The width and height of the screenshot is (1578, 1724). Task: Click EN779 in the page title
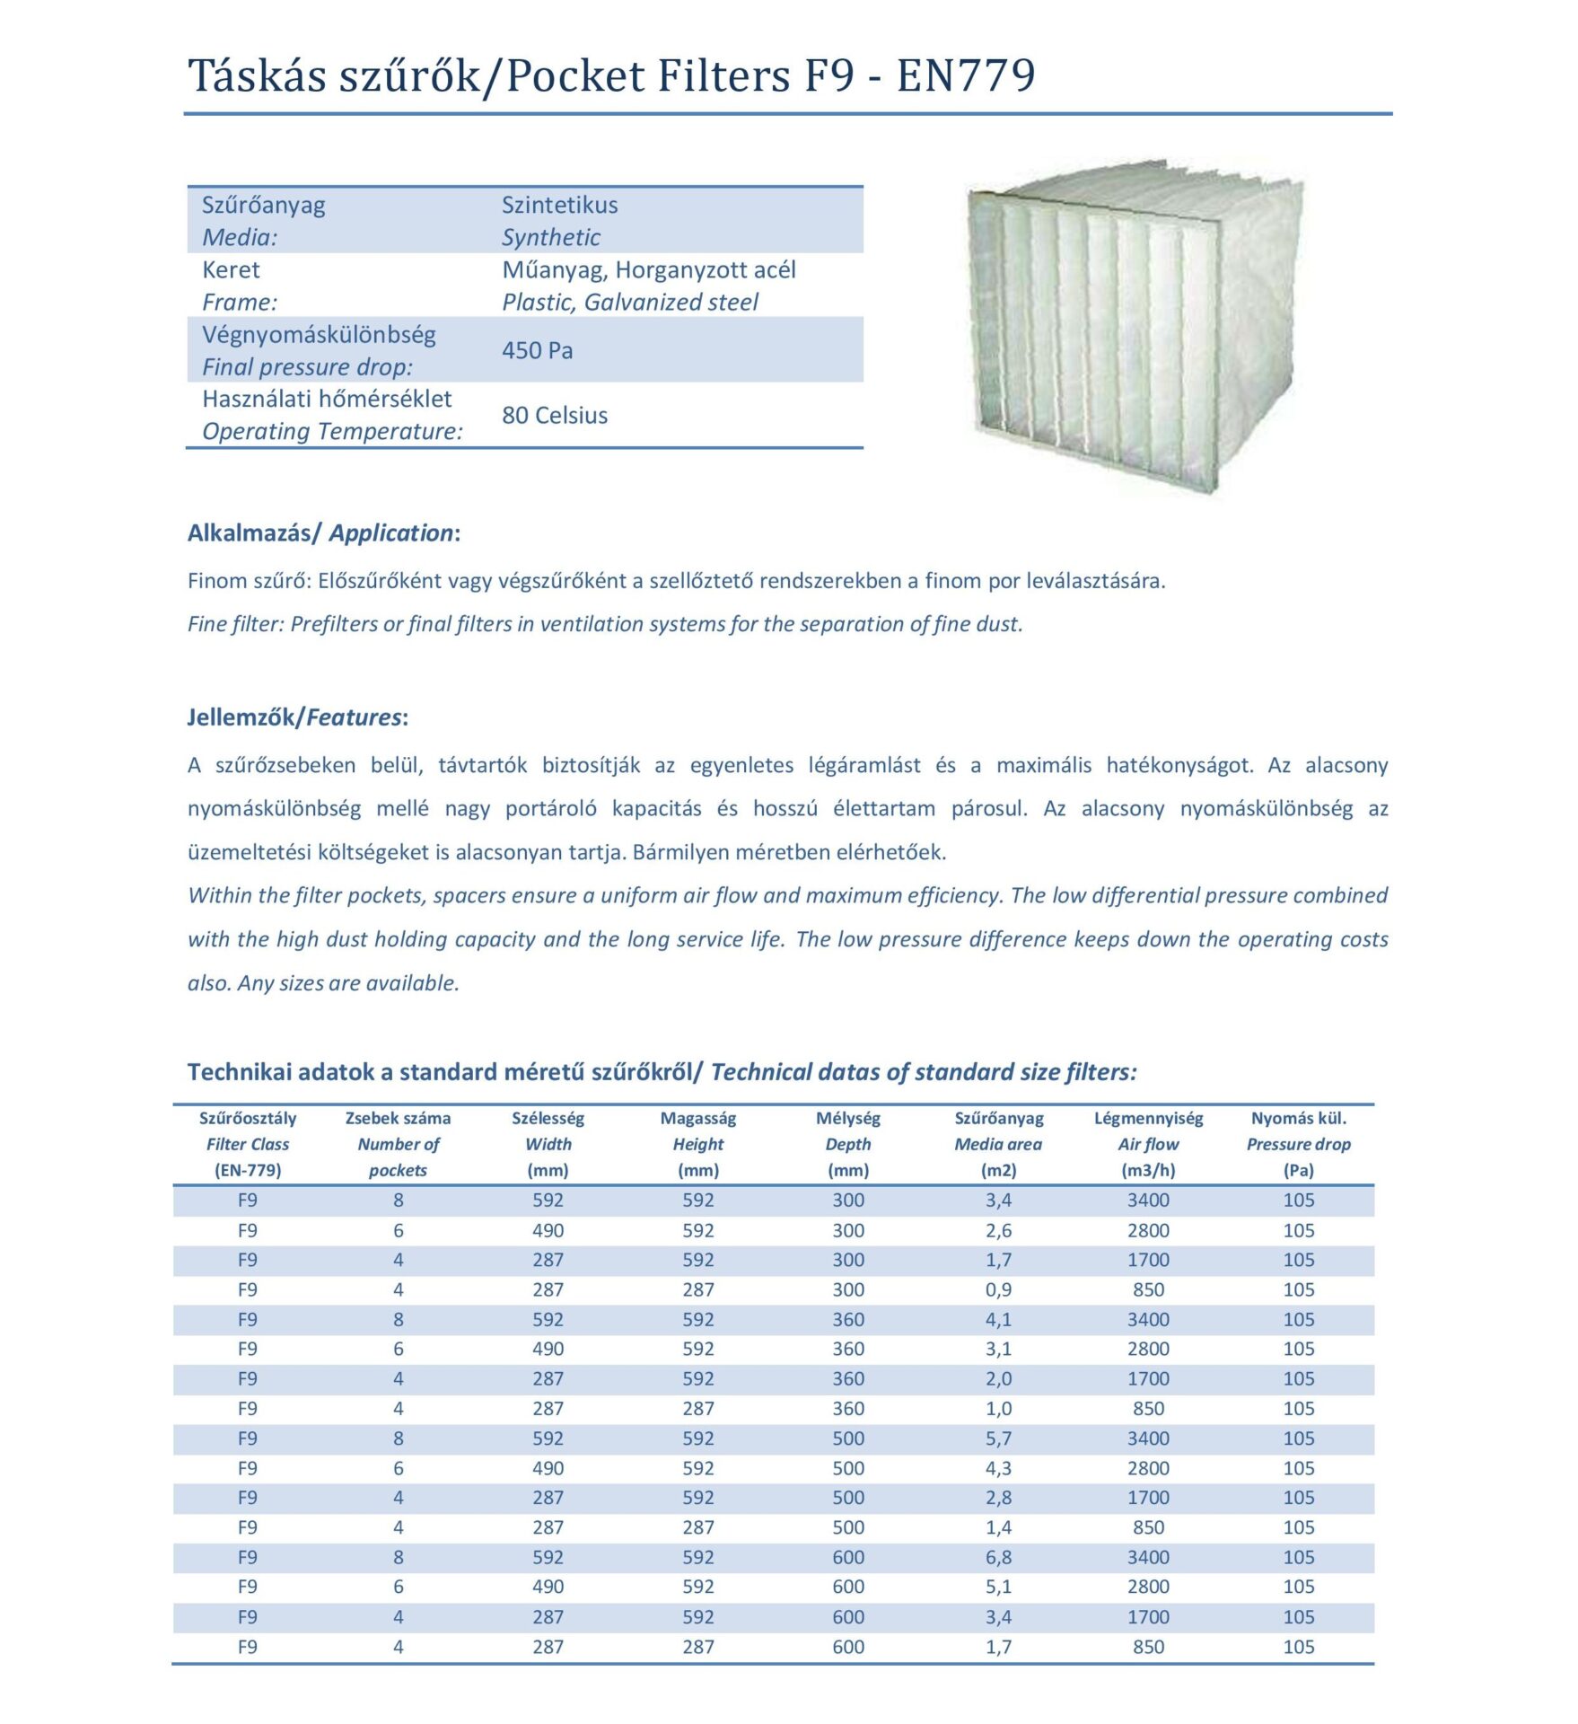click(x=966, y=75)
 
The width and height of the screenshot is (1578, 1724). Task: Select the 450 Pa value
click(x=537, y=350)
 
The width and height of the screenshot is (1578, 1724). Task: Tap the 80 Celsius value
click(x=555, y=415)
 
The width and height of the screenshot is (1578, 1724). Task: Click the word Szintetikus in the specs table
click(x=559, y=205)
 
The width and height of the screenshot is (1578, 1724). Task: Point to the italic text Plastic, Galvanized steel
click(x=629, y=302)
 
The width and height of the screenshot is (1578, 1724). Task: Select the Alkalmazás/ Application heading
click(x=323, y=532)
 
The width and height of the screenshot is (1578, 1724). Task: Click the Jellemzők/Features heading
click(x=297, y=717)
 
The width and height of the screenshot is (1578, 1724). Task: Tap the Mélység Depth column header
click(x=847, y=1144)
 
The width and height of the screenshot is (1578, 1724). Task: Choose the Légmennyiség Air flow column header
click(x=1148, y=1144)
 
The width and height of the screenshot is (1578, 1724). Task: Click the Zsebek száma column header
click(x=398, y=1119)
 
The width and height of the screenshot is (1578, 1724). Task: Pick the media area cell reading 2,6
click(x=998, y=1230)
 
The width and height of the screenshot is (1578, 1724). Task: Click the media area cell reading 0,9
click(x=998, y=1289)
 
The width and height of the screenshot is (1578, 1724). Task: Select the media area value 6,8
click(x=998, y=1557)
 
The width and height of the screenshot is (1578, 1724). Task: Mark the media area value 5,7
click(x=998, y=1438)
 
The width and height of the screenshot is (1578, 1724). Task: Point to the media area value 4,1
click(x=998, y=1319)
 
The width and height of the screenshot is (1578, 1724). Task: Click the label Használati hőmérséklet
click(x=327, y=399)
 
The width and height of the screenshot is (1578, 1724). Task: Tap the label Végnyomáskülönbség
click(x=319, y=335)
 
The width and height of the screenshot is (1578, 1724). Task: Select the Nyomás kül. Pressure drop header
click(x=1298, y=1144)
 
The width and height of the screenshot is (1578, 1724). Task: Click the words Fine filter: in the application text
click(x=235, y=624)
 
